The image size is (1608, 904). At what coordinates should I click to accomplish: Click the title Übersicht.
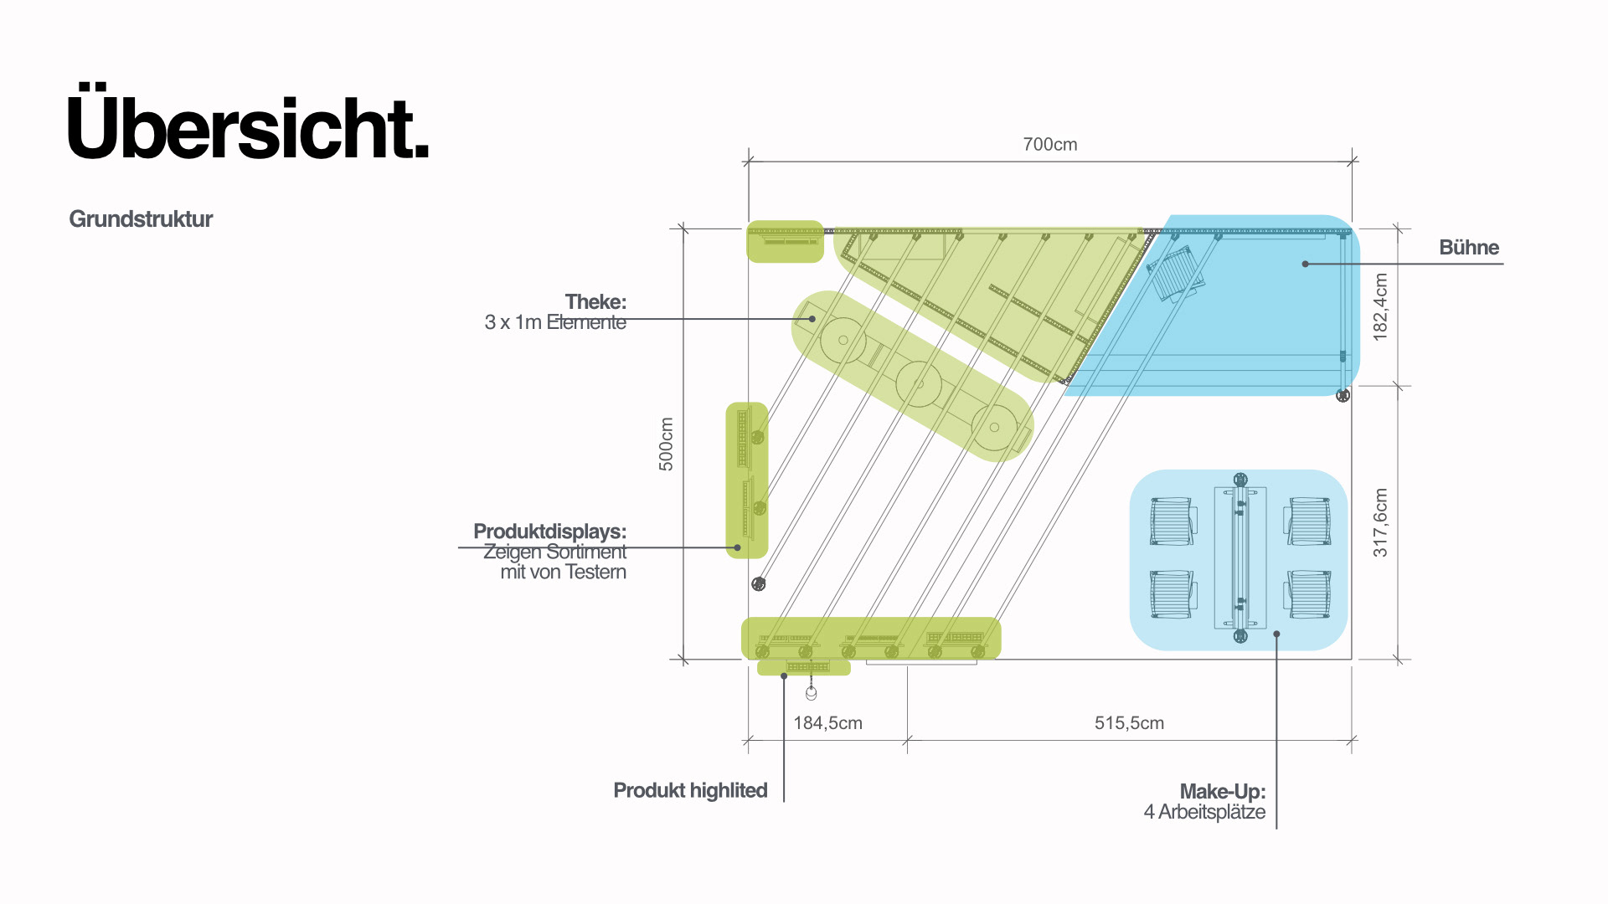coord(248,128)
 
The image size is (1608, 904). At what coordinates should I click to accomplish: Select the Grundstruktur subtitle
coord(141,219)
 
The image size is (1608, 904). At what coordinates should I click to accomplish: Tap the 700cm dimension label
coord(1049,144)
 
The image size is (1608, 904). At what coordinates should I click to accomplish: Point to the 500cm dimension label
coord(666,444)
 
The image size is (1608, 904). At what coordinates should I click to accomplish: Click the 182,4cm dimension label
coord(1380,306)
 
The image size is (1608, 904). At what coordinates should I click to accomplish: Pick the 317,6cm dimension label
coord(1380,522)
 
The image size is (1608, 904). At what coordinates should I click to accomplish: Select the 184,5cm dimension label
coord(827,723)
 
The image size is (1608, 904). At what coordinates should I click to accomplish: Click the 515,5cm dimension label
coord(1129,723)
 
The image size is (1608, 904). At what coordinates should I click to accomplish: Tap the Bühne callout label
coord(1469,248)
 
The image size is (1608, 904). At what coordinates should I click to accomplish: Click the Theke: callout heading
coord(595,301)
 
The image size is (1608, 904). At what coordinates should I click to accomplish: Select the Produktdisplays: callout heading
coord(549,532)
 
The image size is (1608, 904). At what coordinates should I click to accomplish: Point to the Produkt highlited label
coord(690,791)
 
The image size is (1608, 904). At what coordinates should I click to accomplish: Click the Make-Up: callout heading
coord(1222,792)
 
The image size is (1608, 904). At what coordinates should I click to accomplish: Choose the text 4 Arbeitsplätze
coord(1204,812)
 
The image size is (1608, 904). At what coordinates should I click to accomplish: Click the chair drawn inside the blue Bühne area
coord(1176,273)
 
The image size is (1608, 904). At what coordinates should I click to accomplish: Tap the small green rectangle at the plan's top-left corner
coord(785,242)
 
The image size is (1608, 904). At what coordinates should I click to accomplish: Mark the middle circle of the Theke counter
coord(919,384)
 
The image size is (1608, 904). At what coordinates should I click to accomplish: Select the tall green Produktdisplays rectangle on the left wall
coord(746,480)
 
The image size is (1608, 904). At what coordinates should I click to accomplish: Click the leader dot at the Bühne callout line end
coord(1305,264)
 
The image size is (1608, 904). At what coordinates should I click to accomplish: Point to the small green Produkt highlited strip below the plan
coord(804,667)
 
